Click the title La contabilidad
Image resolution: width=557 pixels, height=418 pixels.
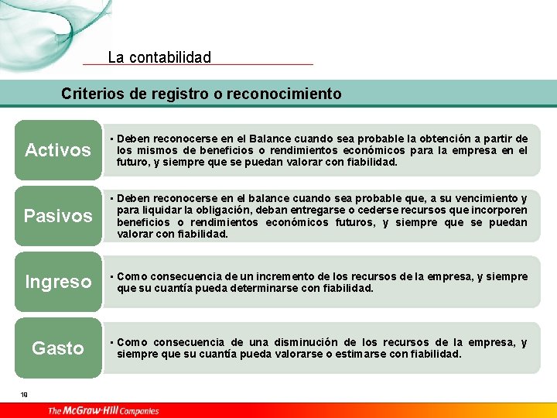[x=159, y=57]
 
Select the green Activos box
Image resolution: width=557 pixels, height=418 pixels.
[x=58, y=149]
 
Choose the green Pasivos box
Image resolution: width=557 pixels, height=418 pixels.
[x=58, y=215]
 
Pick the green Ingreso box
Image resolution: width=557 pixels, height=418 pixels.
[x=58, y=282]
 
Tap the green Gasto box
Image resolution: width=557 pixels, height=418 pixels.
[x=58, y=348]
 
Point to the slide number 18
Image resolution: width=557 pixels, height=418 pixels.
[x=25, y=395]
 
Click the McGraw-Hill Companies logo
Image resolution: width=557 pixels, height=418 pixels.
[x=103, y=410]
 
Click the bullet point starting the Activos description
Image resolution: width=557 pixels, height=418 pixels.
[x=112, y=139]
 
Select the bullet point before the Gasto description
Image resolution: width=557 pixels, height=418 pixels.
[x=112, y=342]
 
